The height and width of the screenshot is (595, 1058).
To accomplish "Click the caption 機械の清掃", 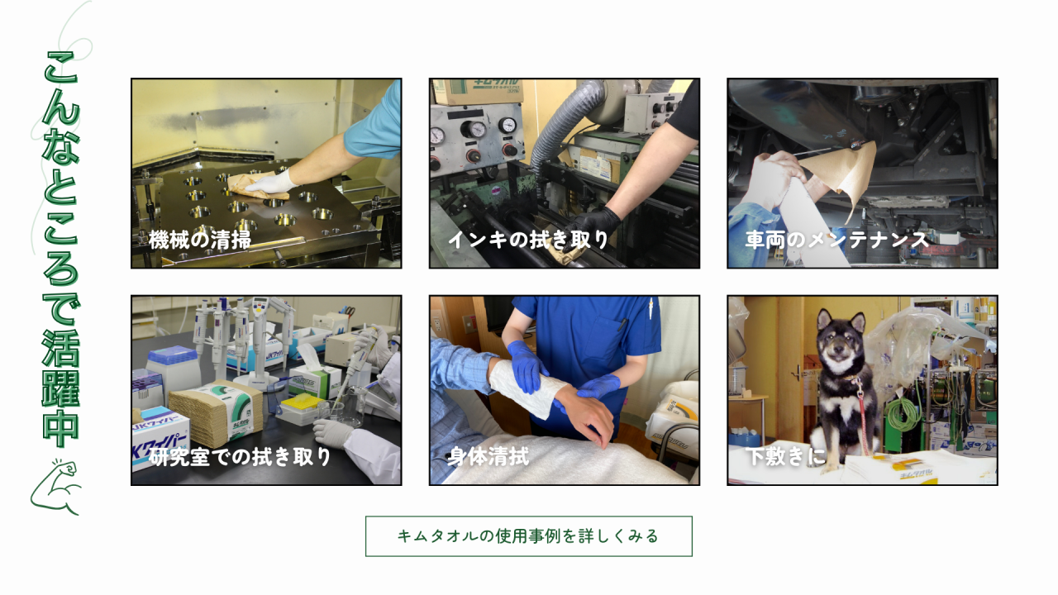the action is click(x=200, y=240).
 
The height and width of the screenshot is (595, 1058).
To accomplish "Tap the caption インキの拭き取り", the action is click(x=528, y=240).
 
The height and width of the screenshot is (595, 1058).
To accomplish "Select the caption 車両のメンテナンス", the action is click(x=837, y=240).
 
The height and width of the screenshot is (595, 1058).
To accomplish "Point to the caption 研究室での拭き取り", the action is click(x=240, y=457).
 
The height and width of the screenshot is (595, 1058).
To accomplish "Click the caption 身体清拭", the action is click(x=488, y=457).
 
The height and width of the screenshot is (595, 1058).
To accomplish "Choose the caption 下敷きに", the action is click(x=785, y=457).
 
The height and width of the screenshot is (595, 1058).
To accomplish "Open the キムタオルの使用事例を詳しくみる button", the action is click(x=528, y=536).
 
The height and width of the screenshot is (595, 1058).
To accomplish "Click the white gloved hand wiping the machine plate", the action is click(x=269, y=183).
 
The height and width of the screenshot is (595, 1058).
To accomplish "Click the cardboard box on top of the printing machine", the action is click(x=479, y=91).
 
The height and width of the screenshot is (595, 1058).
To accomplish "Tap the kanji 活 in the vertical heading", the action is click(x=61, y=350).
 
